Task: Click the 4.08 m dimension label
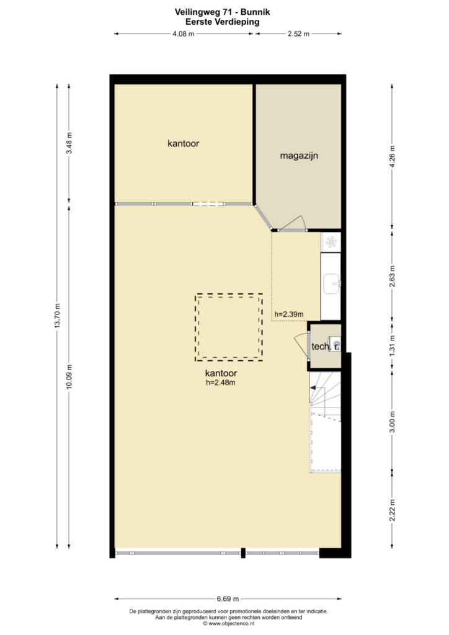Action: pyautogui.click(x=184, y=34)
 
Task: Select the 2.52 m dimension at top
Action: pyautogui.click(x=298, y=34)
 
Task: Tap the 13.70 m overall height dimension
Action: pyautogui.click(x=58, y=316)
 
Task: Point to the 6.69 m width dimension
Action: pyautogui.click(x=228, y=598)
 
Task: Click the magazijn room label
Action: pyautogui.click(x=299, y=156)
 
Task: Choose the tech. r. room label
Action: pyautogui.click(x=325, y=347)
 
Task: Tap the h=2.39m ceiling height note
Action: pyautogui.click(x=288, y=314)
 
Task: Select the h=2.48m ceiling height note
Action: pyautogui.click(x=221, y=382)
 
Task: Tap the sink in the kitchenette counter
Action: pyautogui.click(x=332, y=283)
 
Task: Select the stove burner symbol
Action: pyautogui.click(x=331, y=242)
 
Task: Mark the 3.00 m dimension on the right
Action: pyautogui.click(x=392, y=422)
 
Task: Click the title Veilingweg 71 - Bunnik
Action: pyautogui.click(x=222, y=12)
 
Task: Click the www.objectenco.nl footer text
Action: pyautogui.click(x=229, y=624)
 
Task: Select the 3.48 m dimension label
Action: pyautogui.click(x=69, y=143)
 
